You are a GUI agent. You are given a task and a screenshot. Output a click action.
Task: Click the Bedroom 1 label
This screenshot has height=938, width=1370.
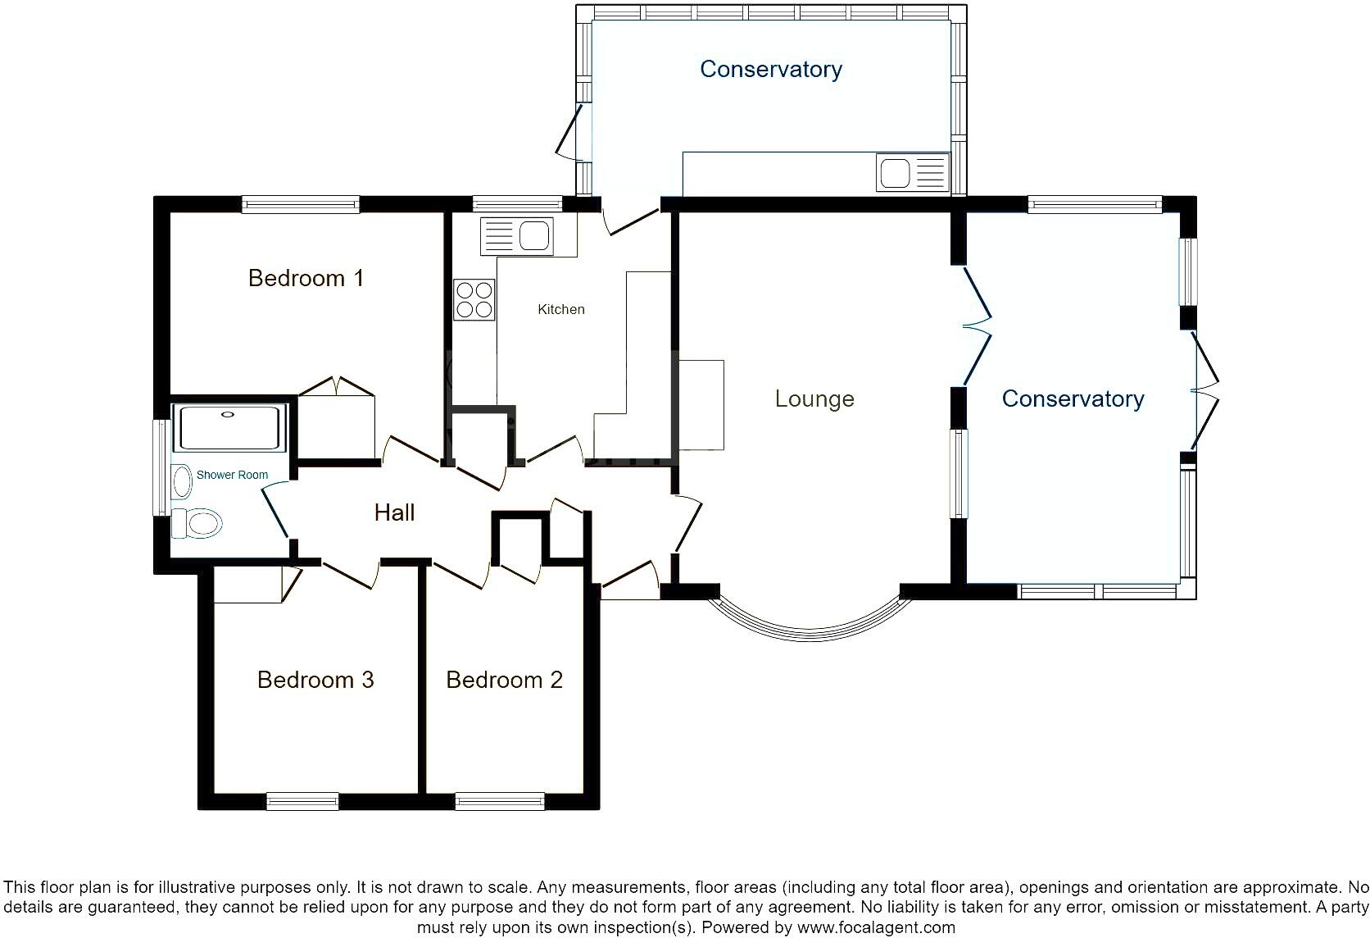[x=306, y=279]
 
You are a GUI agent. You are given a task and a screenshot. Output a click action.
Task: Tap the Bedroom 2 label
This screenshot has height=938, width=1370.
[x=504, y=680]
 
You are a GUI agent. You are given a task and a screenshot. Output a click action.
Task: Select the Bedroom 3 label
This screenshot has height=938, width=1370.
[x=315, y=680]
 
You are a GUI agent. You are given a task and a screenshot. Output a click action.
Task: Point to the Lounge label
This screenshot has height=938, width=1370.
[x=814, y=399]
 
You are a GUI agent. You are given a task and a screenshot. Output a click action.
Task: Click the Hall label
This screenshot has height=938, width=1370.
[x=394, y=513]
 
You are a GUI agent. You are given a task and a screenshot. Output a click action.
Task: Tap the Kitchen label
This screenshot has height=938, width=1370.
[x=561, y=310]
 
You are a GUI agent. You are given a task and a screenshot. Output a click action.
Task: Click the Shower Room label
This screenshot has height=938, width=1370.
[x=232, y=475]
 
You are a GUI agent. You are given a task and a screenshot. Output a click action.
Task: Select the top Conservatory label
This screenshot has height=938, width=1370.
[x=770, y=70]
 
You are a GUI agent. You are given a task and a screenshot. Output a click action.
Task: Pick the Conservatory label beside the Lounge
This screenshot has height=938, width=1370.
[x=1073, y=399]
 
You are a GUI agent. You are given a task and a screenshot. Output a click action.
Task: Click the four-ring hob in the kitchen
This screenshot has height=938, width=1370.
[x=474, y=299]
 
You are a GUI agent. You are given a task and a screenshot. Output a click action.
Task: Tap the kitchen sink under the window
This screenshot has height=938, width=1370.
[x=518, y=236]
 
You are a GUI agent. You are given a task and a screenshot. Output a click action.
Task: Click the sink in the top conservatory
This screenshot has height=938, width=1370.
[x=912, y=173]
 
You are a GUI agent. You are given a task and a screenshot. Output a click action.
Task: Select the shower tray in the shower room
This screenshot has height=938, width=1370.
[x=229, y=427]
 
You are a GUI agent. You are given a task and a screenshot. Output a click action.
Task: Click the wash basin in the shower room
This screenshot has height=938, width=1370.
[x=181, y=481]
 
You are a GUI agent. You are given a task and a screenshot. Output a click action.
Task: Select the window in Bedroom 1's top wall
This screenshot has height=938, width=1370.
[x=300, y=204]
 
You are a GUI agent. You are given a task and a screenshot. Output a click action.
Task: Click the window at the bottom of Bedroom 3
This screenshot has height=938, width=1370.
[x=302, y=801]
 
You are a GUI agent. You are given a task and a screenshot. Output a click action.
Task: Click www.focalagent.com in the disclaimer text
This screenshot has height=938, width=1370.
[x=875, y=928]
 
